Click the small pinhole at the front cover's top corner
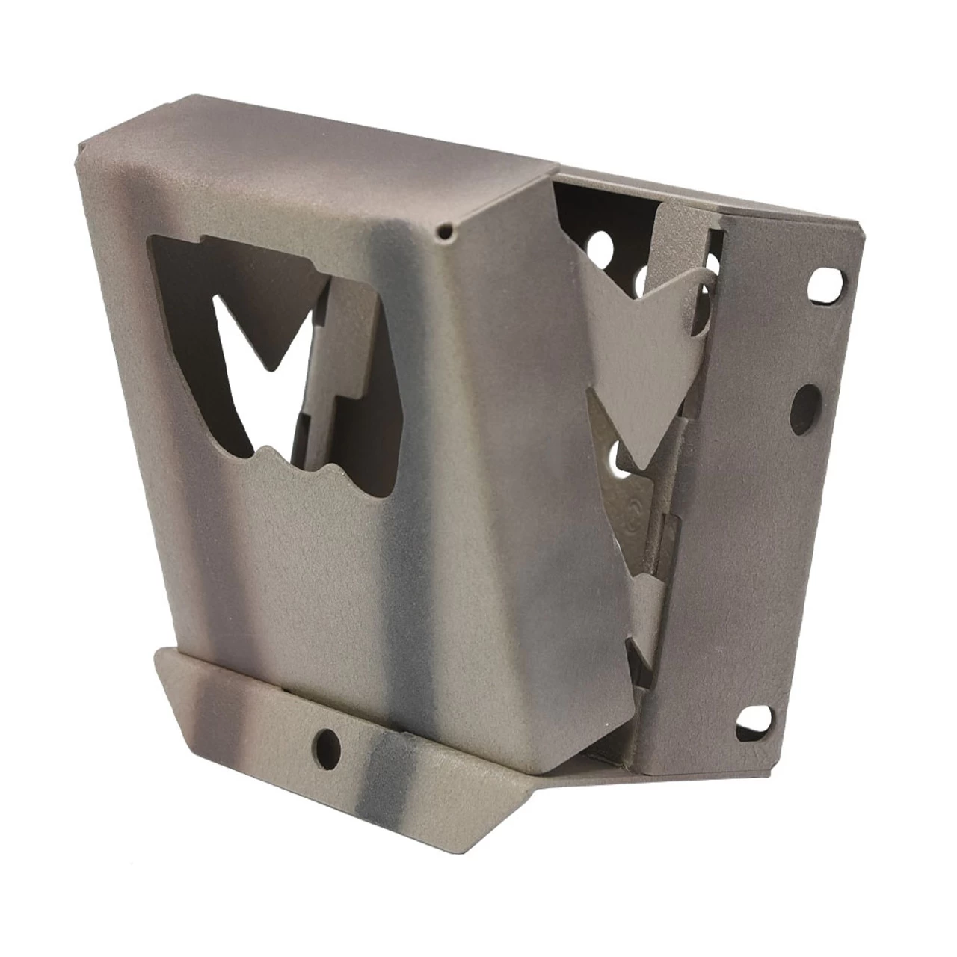446,233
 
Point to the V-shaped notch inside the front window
266,351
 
